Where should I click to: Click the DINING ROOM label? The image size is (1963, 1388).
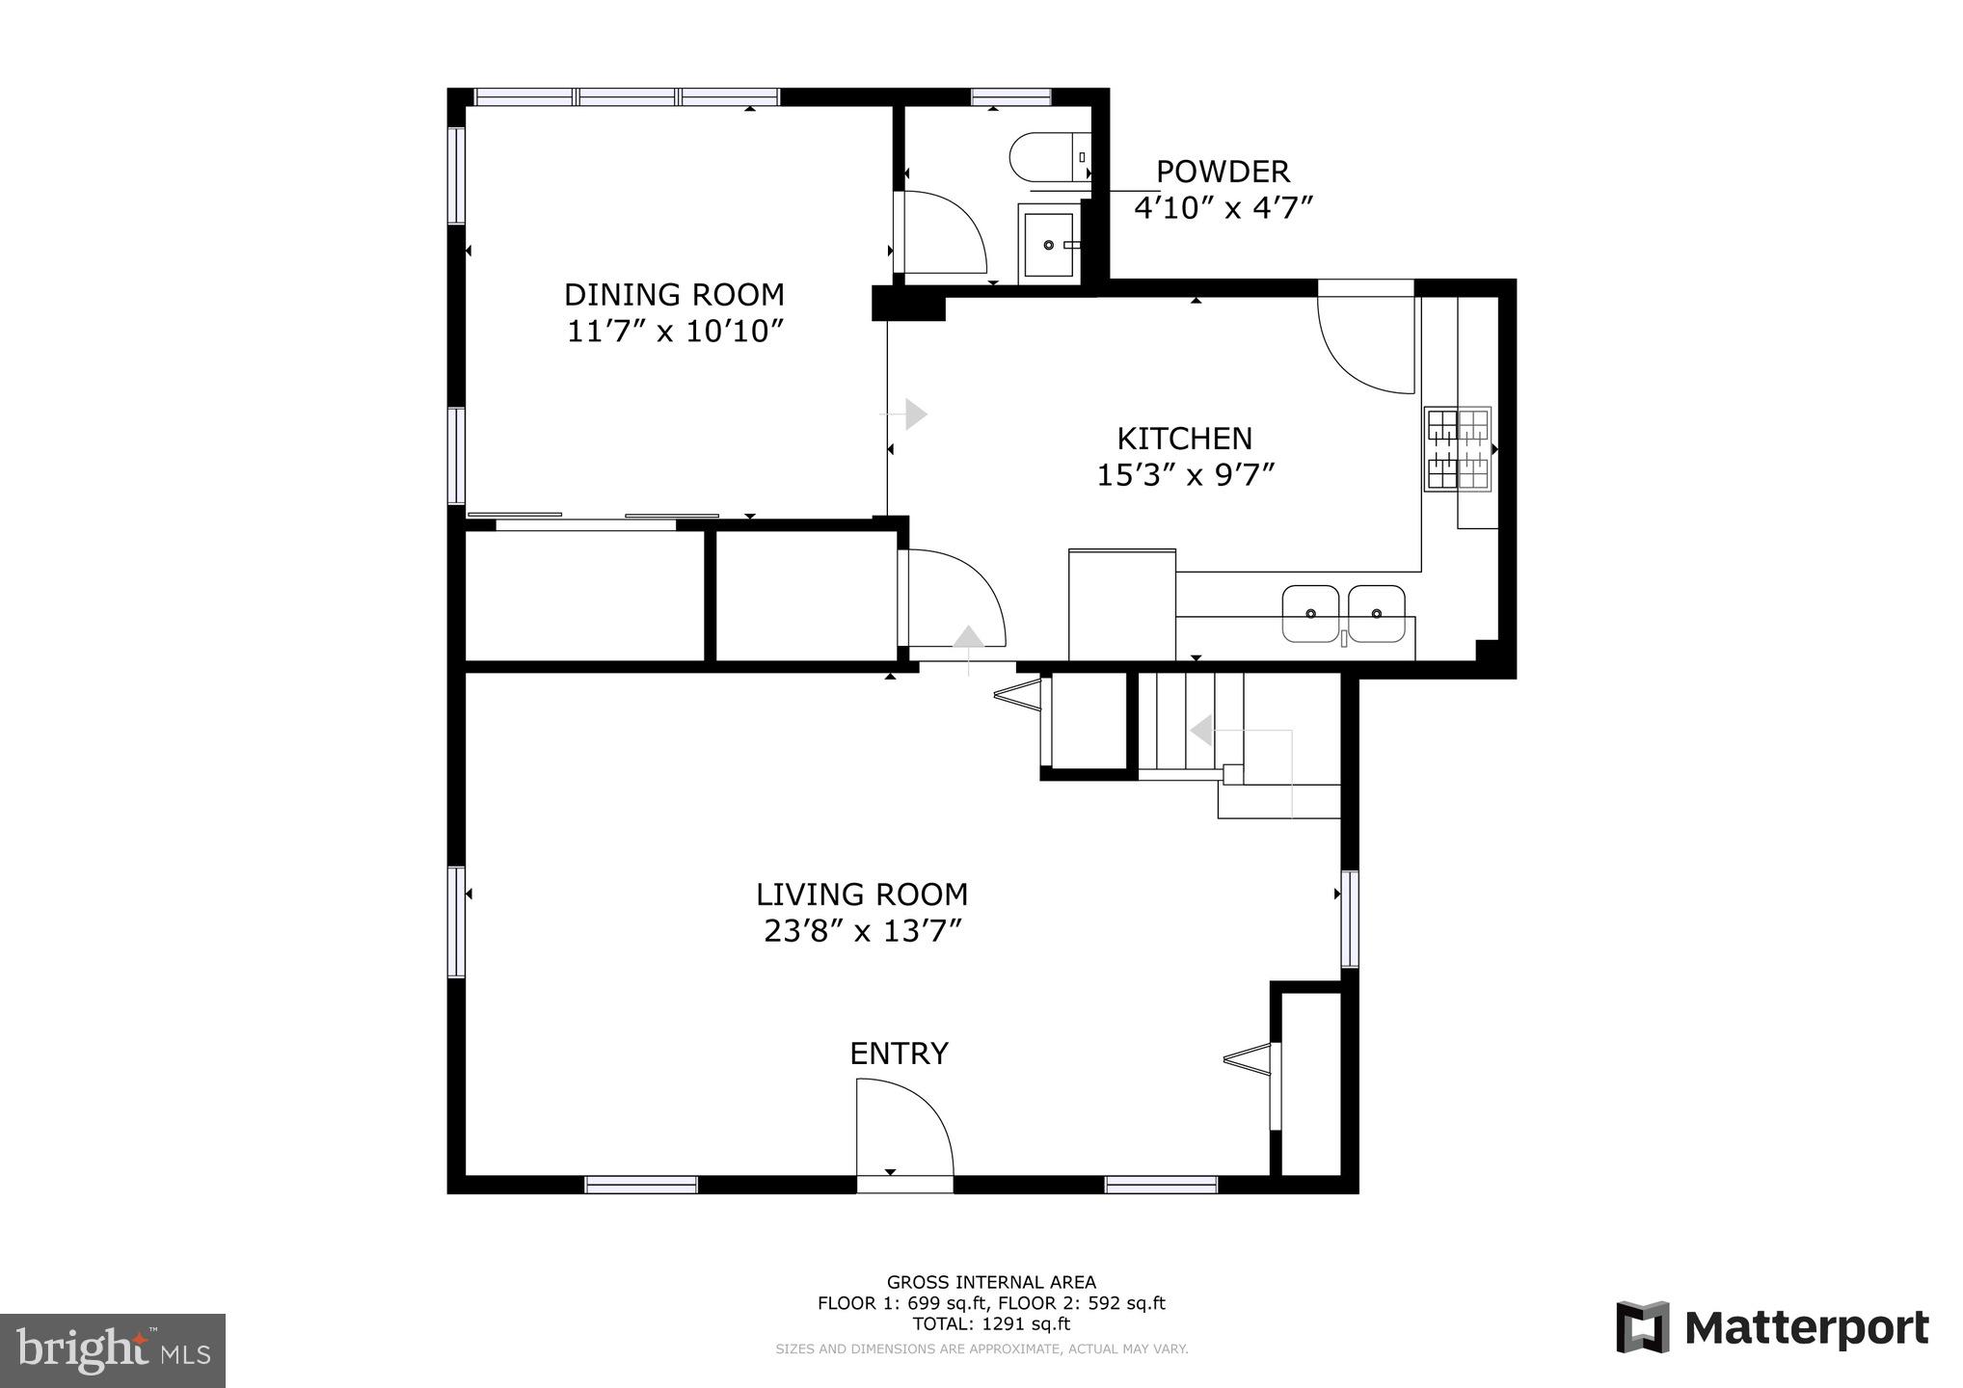pyautogui.click(x=673, y=294)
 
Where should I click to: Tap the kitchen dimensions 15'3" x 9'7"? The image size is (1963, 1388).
pyautogui.click(x=1185, y=475)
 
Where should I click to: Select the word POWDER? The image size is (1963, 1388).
pyautogui.click(x=1222, y=172)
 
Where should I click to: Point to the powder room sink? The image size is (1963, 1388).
pyautogui.click(x=1048, y=245)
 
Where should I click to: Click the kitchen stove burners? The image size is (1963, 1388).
pyautogui.click(x=1458, y=449)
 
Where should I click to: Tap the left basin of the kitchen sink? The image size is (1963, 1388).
pyautogui.click(x=1310, y=613)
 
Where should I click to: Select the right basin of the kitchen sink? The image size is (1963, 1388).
pyautogui.click(x=1376, y=613)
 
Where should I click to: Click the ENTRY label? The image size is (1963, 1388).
pyautogui.click(x=899, y=1054)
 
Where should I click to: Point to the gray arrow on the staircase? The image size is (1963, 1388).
pyautogui.click(x=1201, y=731)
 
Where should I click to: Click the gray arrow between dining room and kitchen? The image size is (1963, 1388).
pyautogui.click(x=915, y=414)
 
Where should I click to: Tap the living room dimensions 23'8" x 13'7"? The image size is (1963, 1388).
pyautogui.click(x=862, y=931)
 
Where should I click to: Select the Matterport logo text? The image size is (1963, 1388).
pyautogui.click(x=1805, y=1329)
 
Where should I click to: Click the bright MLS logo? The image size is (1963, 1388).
pyautogui.click(x=113, y=1350)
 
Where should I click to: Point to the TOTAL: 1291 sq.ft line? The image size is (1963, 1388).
pyautogui.click(x=990, y=1324)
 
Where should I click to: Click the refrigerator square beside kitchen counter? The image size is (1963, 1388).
pyautogui.click(x=1121, y=604)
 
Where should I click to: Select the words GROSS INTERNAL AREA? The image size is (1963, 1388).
pyautogui.click(x=990, y=1282)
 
